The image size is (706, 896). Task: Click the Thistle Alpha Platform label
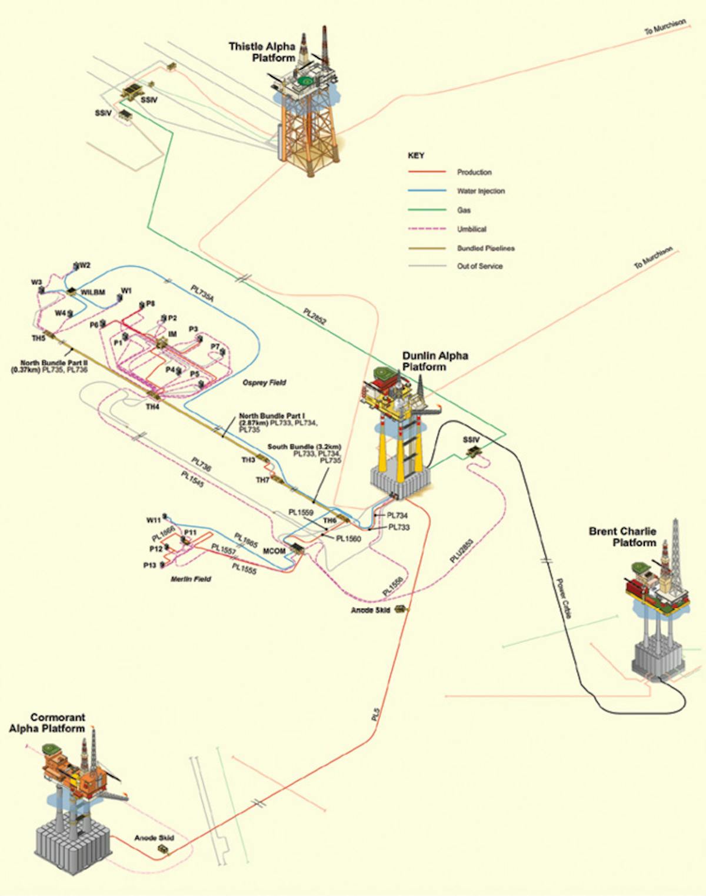tap(262, 52)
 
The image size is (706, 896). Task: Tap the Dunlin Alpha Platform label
tap(435, 361)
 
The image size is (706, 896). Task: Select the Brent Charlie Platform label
tap(622, 536)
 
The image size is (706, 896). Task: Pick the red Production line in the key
tap(427, 172)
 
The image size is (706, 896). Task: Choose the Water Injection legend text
tap(481, 191)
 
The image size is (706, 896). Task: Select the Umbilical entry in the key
tap(472, 229)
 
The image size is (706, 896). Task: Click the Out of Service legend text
tap(479, 266)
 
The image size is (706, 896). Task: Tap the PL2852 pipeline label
tap(315, 316)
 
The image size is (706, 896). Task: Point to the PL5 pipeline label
tap(376, 715)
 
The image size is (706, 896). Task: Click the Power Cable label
tap(563, 598)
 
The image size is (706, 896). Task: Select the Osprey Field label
tap(264, 383)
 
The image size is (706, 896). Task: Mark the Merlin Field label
tap(191, 579)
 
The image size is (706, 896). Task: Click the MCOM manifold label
tap(274, 551)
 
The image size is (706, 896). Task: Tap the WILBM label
tap(93, 293)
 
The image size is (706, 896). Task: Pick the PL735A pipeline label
tap(202, 293)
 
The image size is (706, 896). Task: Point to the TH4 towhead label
tap(152, 407)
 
